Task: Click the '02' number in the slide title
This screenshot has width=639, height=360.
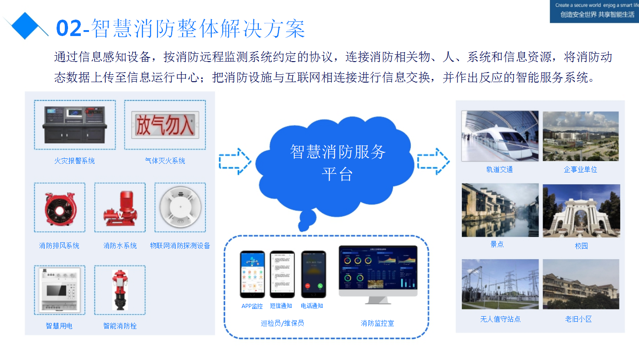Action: (68, 28)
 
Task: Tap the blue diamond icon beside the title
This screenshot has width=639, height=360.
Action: (26, 25)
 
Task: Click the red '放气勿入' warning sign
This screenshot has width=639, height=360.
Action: (165, 125)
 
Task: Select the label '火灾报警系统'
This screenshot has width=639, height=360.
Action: (74, 161)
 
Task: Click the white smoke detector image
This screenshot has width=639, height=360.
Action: (180, 208)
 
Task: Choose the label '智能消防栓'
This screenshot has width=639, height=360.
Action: (120, 326)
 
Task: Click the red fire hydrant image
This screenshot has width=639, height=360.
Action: (120, 290)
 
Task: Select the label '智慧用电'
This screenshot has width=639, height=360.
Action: (59, 326)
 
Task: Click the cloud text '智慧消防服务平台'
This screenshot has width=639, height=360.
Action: (338, 162)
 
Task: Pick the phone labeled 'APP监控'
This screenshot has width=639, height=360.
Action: (252, 274)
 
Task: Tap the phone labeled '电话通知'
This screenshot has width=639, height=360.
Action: (314, 274)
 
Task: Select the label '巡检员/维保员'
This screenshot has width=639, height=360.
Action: (282, 323)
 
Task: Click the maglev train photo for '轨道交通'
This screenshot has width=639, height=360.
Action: (500, 136)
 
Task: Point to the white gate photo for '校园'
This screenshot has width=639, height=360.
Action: (581, 211)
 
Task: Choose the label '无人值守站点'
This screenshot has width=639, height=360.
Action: (500, 319)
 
